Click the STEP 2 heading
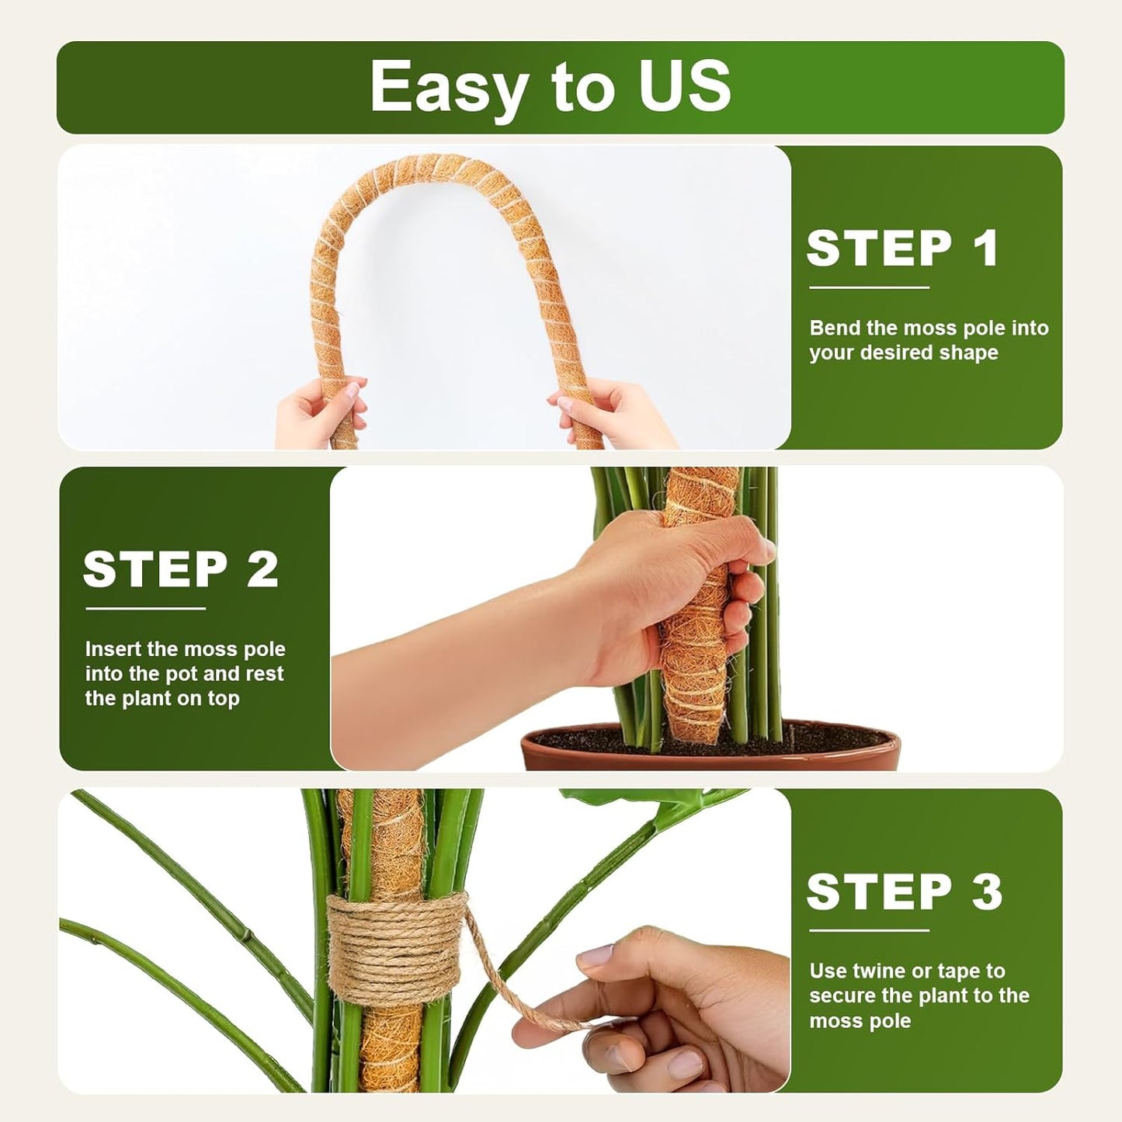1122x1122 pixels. coord(180,569)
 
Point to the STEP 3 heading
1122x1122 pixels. coord(904,891)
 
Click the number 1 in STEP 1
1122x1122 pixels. coord(985,248)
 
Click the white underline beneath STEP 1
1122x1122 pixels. coord(869,287)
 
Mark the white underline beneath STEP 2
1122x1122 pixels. coord(145,609)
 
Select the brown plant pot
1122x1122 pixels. coord(710,749)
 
